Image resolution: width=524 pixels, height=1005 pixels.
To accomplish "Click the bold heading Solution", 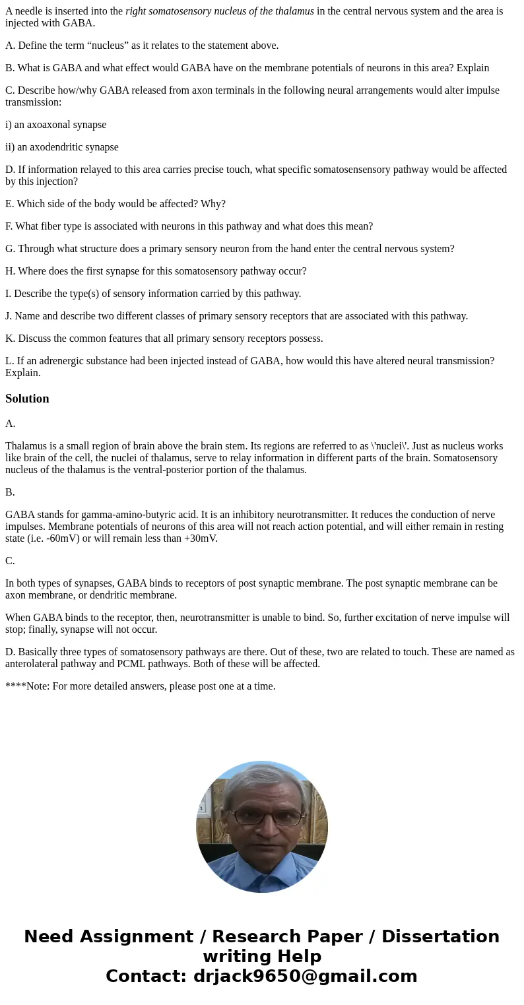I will pos(27,399).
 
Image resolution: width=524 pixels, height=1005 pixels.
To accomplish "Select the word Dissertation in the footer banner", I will pos(440,936).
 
